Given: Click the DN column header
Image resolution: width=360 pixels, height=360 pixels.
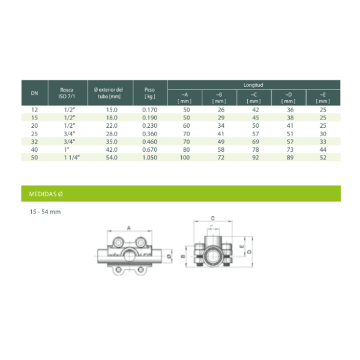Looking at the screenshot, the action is (34, 93).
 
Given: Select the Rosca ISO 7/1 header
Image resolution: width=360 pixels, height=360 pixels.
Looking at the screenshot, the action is (67, 93).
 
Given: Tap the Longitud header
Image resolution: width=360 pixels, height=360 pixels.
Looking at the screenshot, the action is (253, 85).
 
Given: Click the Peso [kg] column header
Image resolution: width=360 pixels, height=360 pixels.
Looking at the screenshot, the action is (149, 93).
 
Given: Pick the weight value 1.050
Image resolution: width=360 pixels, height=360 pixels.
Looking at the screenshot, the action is (150, 157).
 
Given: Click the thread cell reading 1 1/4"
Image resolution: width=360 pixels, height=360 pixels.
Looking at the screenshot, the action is (72, 157).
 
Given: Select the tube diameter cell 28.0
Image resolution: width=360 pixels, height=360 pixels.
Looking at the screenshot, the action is (112, 134).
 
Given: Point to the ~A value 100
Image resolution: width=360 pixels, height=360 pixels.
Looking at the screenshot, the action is (185, 157).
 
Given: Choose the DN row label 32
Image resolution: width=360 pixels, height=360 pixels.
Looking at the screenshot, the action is (34, 142).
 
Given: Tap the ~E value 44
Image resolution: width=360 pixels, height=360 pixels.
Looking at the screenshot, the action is (323, 149).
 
